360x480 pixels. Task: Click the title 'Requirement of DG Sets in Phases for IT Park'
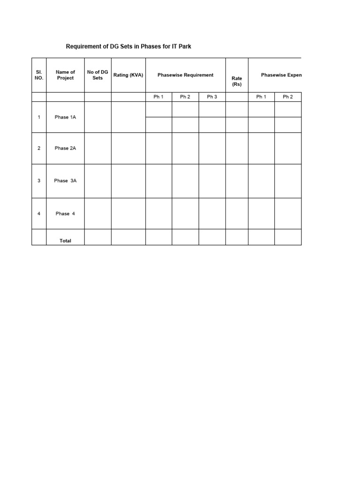click(128, 47)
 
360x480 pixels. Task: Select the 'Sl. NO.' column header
click(39, 75)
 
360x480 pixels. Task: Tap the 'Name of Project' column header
click(65, 75)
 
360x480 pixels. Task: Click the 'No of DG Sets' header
click(97, 75)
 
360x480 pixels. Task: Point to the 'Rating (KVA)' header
click(128, 75)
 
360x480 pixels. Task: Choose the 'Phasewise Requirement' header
click(185, 75)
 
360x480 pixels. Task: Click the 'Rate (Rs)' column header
click(237, 81)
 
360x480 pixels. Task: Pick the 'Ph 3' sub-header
click(212, 97)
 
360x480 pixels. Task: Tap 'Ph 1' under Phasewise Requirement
click(158, 97)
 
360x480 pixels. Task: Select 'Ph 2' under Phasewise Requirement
click(185, 97)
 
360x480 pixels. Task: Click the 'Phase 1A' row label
click(65, 117)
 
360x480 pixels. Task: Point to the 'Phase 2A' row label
click(65, 148)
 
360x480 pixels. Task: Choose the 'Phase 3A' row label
click(65, 180)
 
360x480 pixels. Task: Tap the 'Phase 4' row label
click(65, 214)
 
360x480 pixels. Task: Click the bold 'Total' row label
click(65, 240)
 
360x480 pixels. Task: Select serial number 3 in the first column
click(39, 180)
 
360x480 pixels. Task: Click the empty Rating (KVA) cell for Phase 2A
click(128, 148)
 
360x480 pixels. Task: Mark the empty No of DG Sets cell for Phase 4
click(97, 214)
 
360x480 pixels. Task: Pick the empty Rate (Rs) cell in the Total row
click(237, 237)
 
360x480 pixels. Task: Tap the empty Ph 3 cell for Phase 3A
click(212, 180)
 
